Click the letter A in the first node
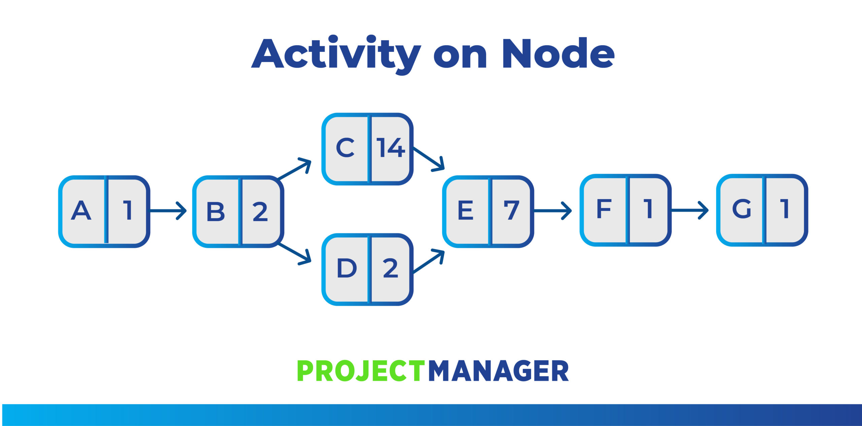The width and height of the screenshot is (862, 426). (x=81, y=211)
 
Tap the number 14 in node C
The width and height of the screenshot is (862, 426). (x=390, y=148)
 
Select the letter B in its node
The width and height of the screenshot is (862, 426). (x=215, y=212)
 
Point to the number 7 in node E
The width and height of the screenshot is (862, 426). (x=511, y=210)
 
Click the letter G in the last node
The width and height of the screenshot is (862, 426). (x=742, y=209)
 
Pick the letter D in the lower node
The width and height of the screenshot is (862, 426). (x=346, y=268)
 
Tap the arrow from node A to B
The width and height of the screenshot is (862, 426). (x=168, y=211)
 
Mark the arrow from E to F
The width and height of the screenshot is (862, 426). (x=553, y=211)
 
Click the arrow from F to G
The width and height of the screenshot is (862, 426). (x=690, y=210)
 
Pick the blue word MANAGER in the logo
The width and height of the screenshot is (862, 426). (x=499, y=371)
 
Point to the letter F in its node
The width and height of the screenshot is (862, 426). (x=604, y=209)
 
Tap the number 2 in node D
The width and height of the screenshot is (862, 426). (x=391, y=268)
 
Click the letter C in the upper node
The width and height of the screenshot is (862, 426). (x=345, y=148)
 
